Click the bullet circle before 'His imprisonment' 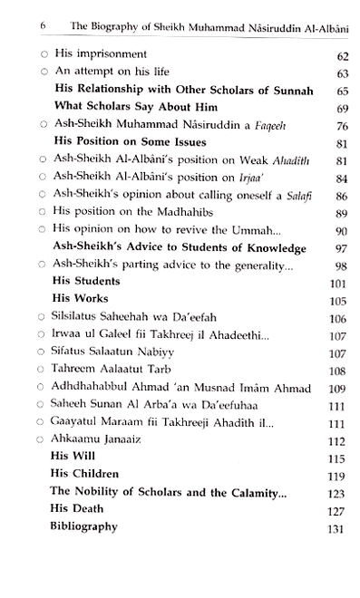[33, 56]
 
